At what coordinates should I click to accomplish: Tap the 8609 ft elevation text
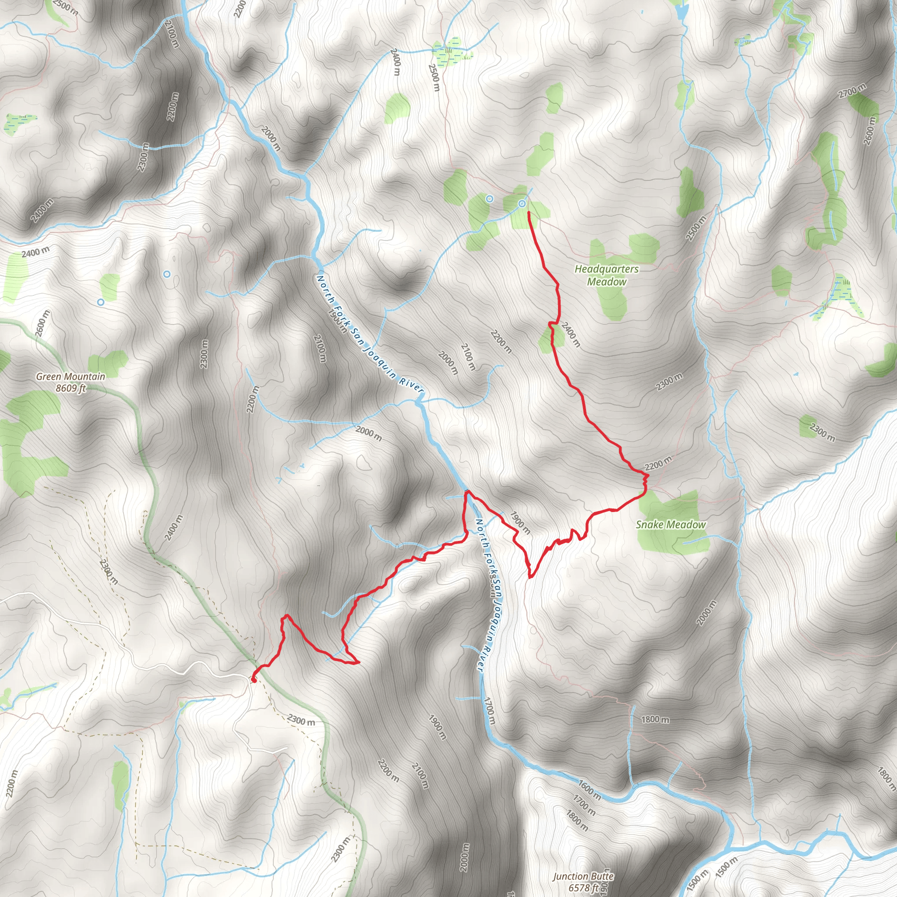point(71,388)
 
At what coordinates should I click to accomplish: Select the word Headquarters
point(606,269)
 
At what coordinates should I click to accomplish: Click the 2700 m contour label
point(852,91)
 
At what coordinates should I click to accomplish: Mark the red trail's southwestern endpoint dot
point(254,681)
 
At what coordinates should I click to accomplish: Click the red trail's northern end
point(529,212)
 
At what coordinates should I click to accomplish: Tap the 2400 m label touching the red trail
point(571,334)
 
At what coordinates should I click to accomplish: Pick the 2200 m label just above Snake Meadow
point(658,463)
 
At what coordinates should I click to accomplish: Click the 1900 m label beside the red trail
point(520,523)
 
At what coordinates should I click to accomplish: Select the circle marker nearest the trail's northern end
point(522,203)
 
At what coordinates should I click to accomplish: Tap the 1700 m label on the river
point(489,711)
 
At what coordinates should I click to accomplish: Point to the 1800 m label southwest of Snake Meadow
point(655,719)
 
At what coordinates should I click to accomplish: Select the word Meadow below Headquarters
point(606,282)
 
